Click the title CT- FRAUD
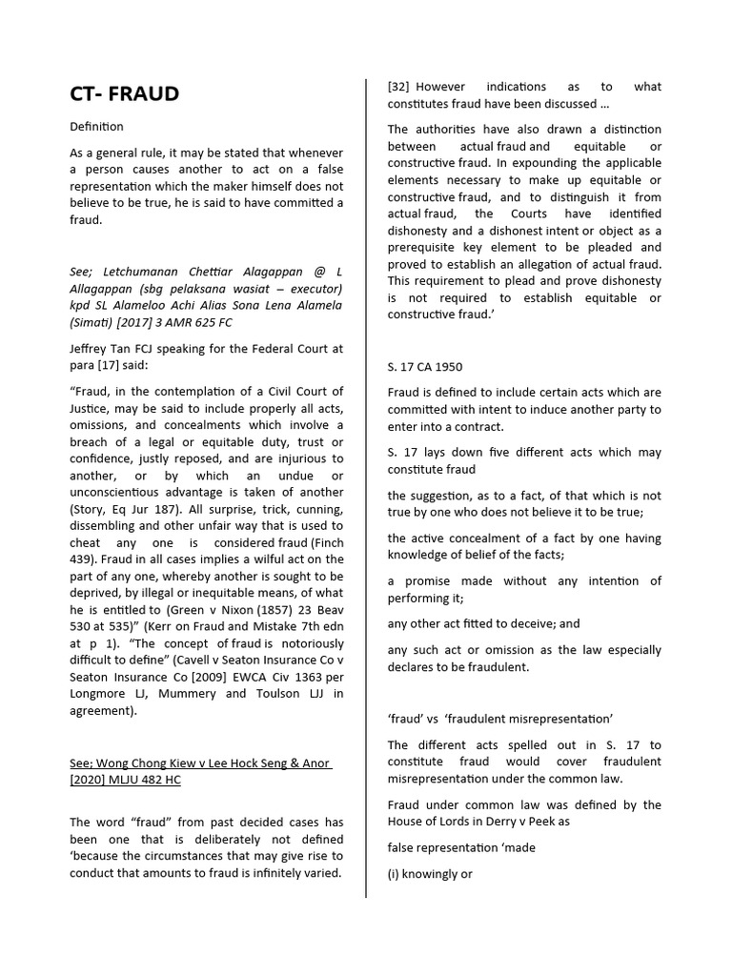pos(124,93)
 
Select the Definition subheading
pos(96,126)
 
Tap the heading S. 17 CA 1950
pos(426,366)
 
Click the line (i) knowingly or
pos(430,873)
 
